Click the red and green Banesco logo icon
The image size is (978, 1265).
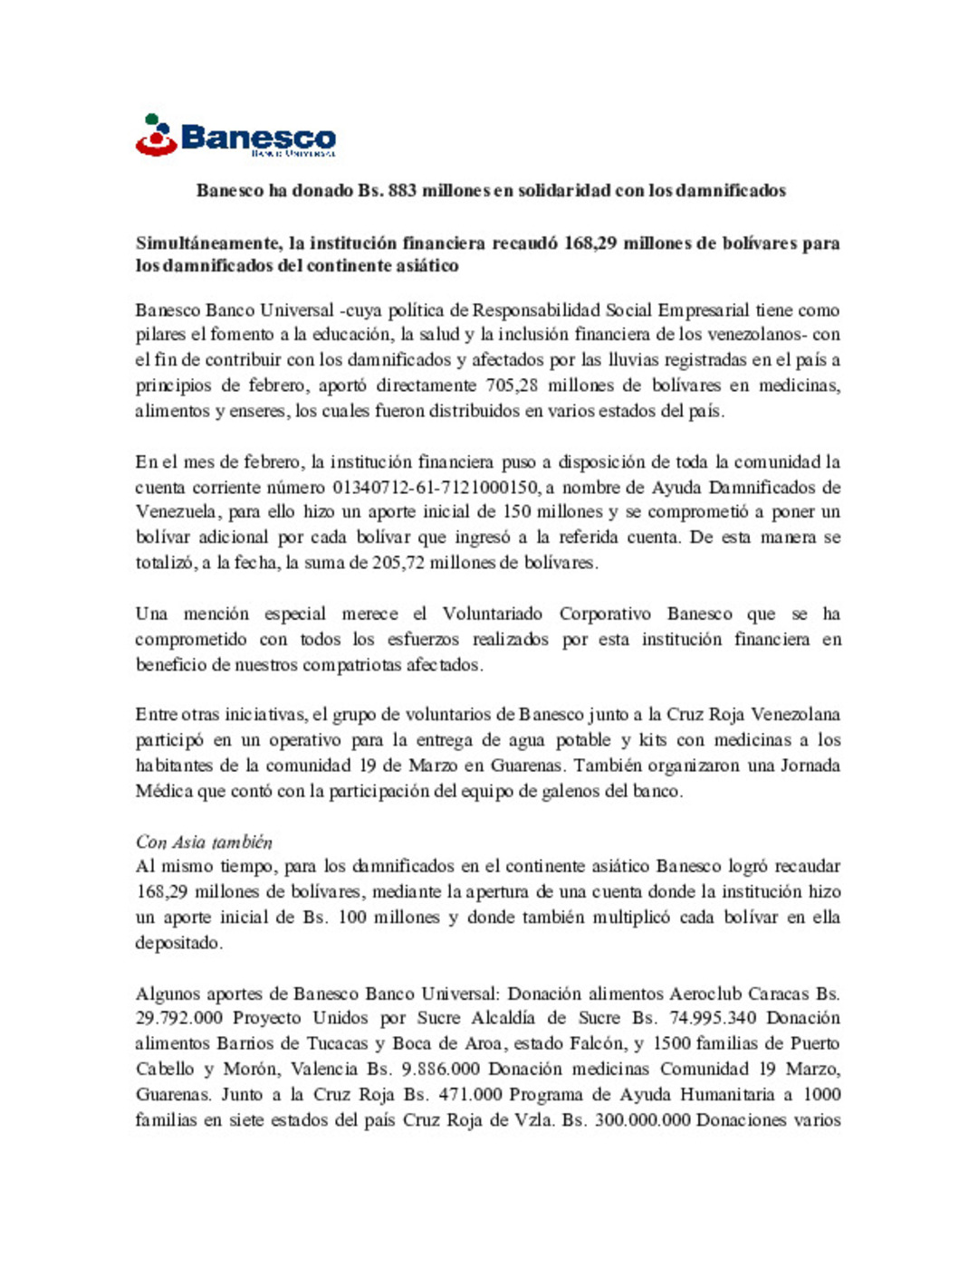tap(155, 136)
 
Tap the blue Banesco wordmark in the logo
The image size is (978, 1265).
tap(258, 138)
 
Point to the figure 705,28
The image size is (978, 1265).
tap(512, 385)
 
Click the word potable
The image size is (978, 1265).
tap(583, 740)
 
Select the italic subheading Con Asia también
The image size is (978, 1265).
tap(204, 842)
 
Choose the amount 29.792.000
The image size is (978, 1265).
tap(178, 1018)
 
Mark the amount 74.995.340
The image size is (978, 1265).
tap(712, 1018)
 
